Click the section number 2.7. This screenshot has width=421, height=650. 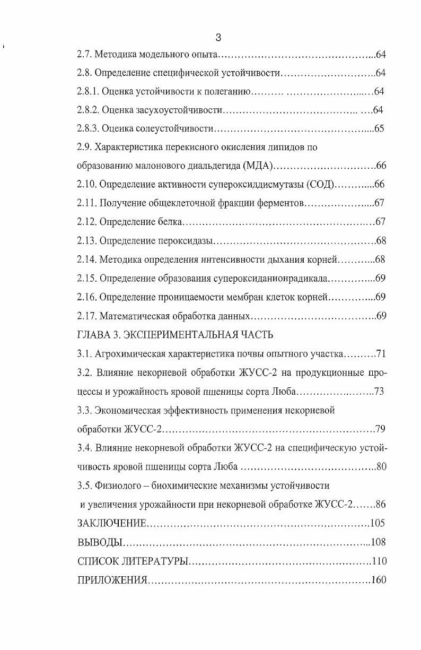(x=85, y=55)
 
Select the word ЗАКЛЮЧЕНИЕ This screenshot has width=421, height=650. (x=111, y=523)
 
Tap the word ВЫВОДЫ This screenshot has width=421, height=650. (x=100, y=542)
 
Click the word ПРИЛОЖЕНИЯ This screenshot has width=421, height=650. (x=111, y=579)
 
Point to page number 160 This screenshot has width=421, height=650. (x=379, y=579)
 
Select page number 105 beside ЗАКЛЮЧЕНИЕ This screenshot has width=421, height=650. (x=378, y=523)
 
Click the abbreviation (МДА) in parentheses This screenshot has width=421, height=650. (x=257, y=166)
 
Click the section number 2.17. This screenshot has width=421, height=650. (x=87, y=316)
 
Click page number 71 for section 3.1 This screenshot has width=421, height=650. (x=381, y=354)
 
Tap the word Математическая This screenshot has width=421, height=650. (x=135, y=316)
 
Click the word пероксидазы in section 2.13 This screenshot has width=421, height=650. (x=186, y=241)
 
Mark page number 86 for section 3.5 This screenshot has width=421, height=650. (x=381, y=504)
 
